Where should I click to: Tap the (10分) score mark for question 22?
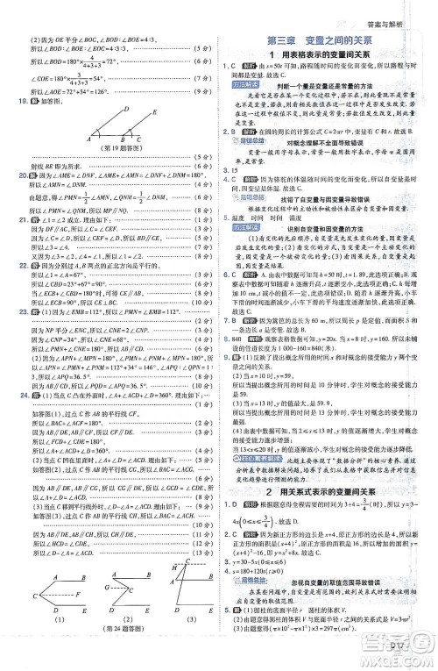tap(201, 314)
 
